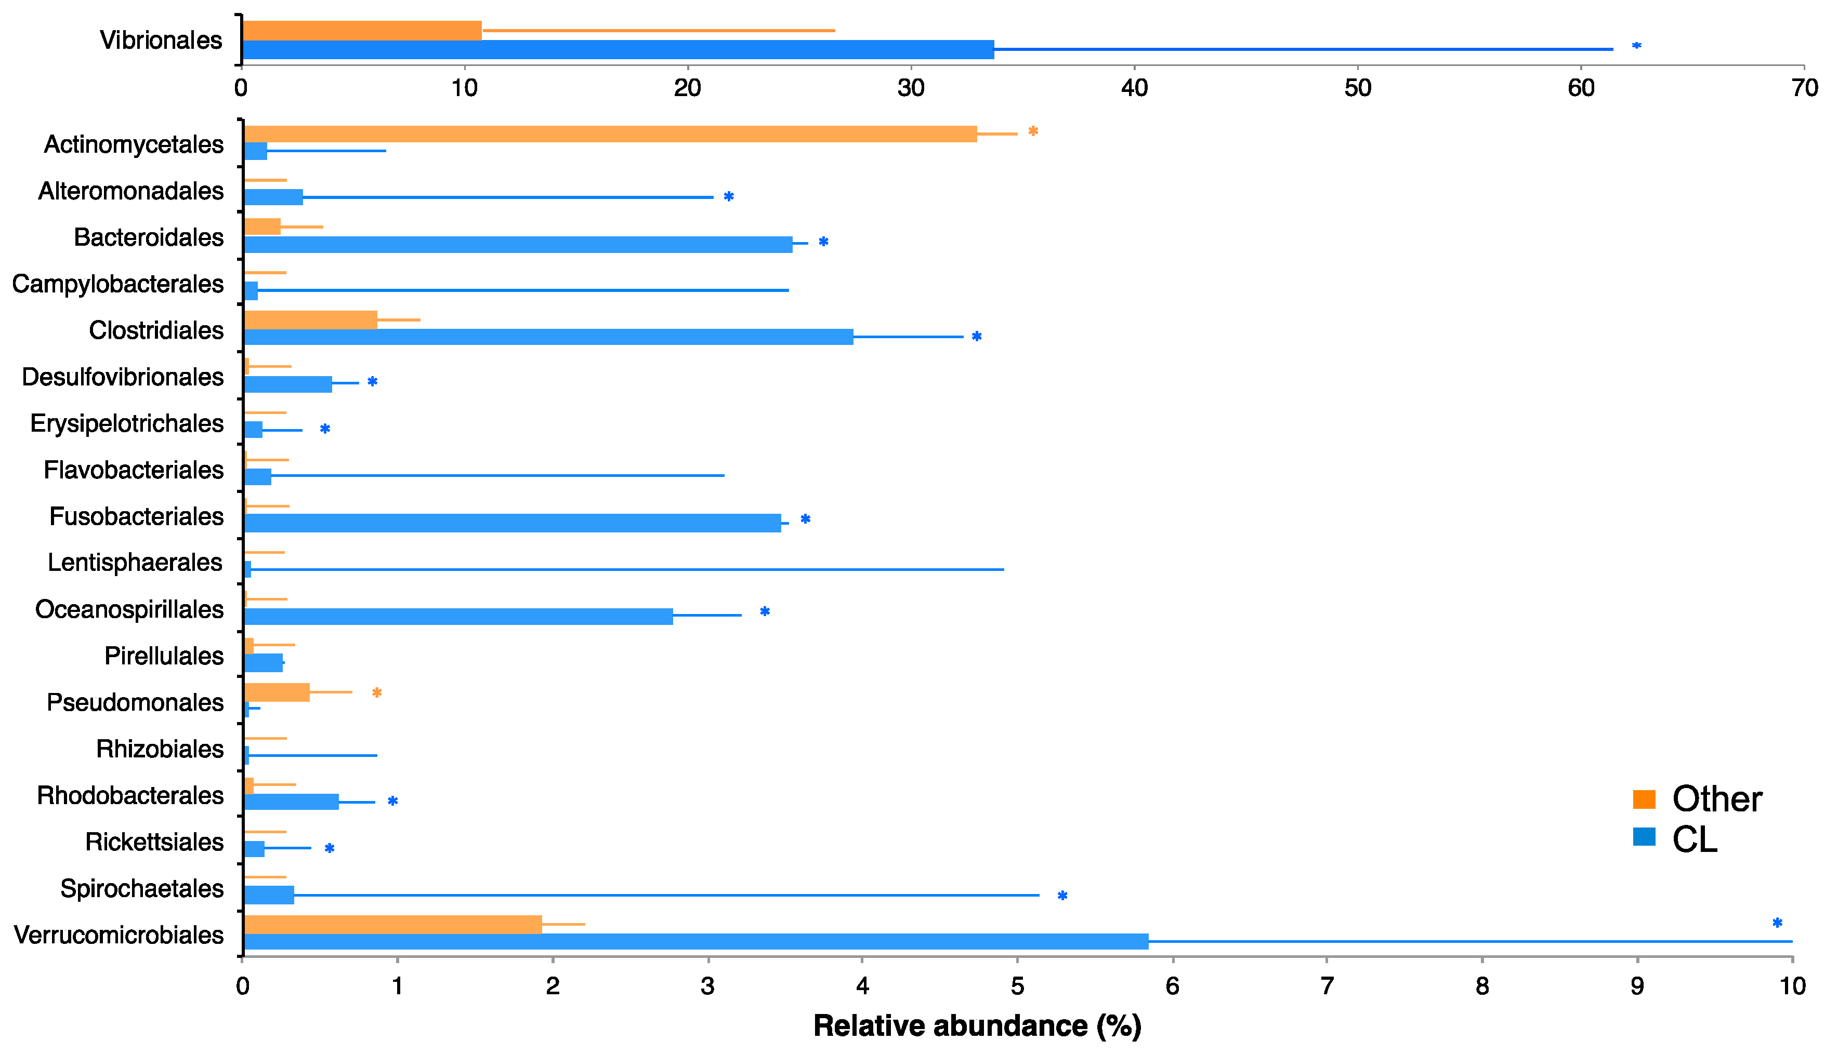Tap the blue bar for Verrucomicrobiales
point(695,941)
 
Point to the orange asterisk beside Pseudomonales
point(376,693)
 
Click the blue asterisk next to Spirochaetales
point(1062,896)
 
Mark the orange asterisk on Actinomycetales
point(1033,131)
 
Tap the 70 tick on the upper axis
point(1805,88)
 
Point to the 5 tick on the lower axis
point(1017,986)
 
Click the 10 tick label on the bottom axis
point(1792,986)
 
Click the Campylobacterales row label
point(117,284)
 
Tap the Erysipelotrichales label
point(127,423)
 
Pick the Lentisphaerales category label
point(135,563)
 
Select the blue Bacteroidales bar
point(518,244)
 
